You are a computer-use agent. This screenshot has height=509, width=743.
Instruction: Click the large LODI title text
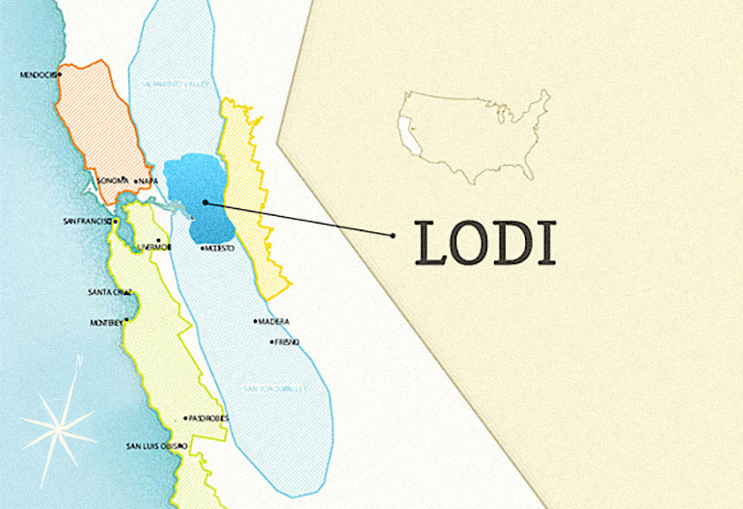(485, 243)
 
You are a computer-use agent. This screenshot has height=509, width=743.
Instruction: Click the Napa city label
(148, 181)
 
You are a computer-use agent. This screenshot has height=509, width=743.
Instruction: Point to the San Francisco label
(88, 222)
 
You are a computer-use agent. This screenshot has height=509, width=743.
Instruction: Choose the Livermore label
(154, 247)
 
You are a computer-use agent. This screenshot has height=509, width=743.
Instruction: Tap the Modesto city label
(219, 249)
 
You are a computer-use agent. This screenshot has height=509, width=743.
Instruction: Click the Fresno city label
(287, 342)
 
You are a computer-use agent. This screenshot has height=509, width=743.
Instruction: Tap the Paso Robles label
(207, 419)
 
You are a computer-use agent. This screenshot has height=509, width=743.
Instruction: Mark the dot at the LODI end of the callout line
(393, 235)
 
